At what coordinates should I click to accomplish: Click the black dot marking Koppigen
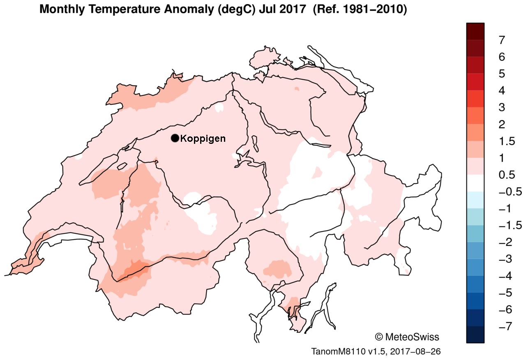pyautogui.click(x=175, y=138)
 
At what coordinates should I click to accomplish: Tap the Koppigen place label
pyautogui.click(x=203, y=138)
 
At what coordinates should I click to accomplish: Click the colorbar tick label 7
pyautogui.click(x=501, y=40)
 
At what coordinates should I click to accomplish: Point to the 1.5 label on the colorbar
pyautogui.click(x=507, y=141)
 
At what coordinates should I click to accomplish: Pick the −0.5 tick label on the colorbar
pyautogui.click(x=510, y=192)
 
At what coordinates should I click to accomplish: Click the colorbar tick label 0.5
pyautogui.click(x=507, y=175)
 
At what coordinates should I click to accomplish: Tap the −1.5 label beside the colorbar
pyautogui.click(x=510, y=225)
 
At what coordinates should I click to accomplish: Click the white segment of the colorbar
pyautogui.click(x=475, y=183)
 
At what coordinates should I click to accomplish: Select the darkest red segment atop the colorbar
pyautogui.click(x=475, y=31)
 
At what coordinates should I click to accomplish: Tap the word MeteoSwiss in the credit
pyautogui.click(x=412, y=337)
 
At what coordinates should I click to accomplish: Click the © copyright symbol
pyautogui.click(x=378, y=337)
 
